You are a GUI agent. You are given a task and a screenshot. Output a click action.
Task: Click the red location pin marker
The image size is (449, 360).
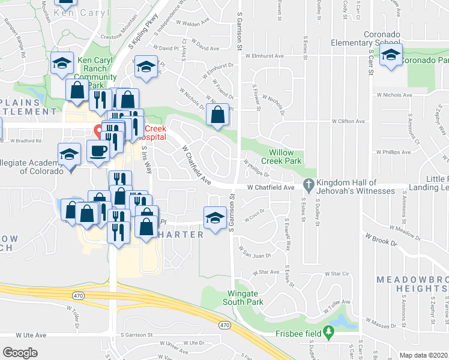(x=98, y=130)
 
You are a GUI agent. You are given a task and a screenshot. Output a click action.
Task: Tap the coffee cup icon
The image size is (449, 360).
(x=98, y=151)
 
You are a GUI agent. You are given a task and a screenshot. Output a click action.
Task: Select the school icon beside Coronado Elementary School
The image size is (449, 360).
(x=391, y=56)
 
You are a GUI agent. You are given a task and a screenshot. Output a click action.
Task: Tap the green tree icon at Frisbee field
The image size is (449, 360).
(x=328, y=331)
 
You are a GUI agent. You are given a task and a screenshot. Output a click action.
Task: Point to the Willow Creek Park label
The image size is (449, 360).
(x=285, y=157)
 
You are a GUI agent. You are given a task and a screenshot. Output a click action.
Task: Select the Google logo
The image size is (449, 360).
(x=20, y=353)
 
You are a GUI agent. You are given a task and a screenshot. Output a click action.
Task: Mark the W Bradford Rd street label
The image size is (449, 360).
(x=26, y=141)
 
